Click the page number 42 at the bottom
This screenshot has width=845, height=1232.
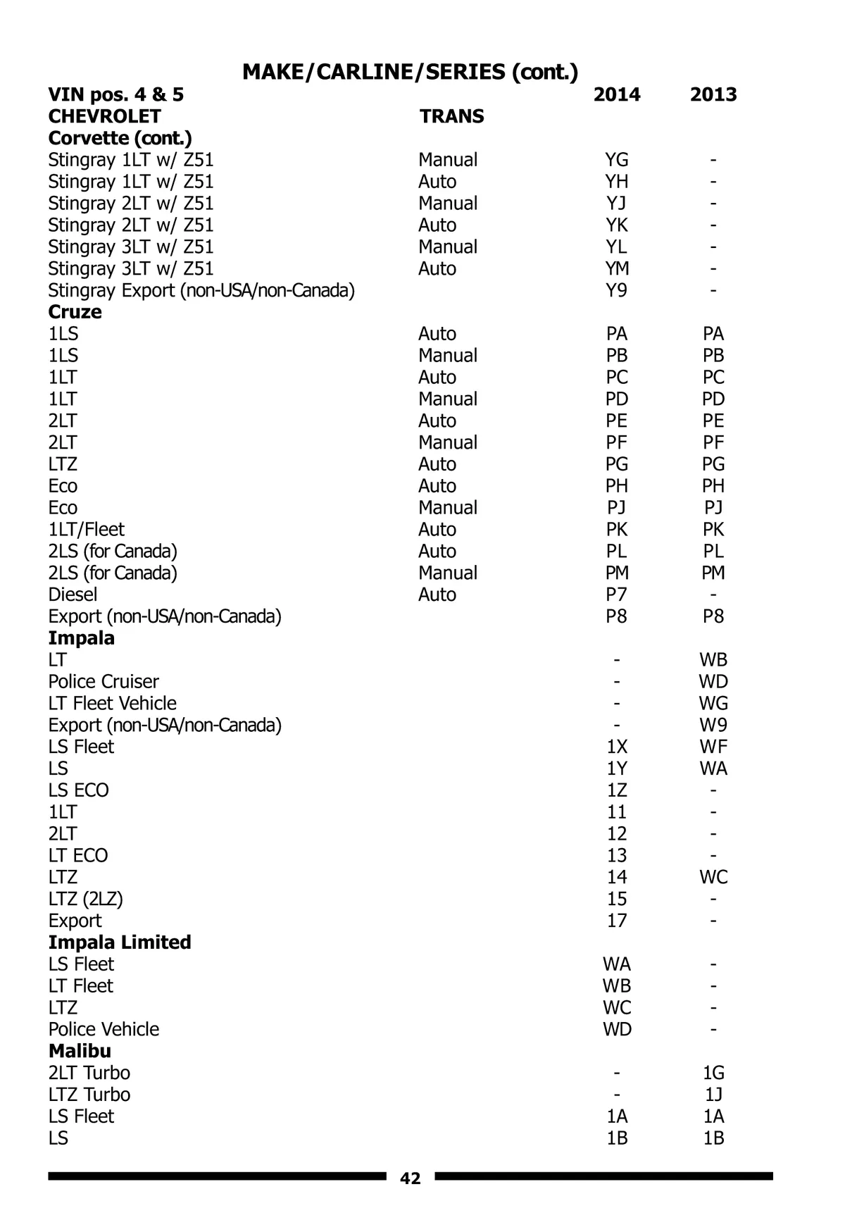click(410, 1178)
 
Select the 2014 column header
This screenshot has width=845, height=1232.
click(617, 94)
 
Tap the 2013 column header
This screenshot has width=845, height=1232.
click(713, 94)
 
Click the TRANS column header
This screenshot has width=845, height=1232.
click(452, 116)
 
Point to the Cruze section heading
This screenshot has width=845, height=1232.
click(75, 312)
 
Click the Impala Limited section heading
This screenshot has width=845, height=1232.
click(120, 942)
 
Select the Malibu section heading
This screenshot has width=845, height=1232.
click(80, 1051)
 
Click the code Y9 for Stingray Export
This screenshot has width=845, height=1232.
click(617, 290)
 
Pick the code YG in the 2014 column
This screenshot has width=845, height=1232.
click(617, 160)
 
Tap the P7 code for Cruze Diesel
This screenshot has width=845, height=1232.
click(617, 595)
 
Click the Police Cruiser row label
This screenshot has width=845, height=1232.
click(104, 682)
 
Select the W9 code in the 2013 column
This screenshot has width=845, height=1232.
click(713, 725)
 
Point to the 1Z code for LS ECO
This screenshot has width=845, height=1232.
click(617, 790)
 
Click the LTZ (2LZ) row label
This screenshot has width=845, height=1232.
click(85, 899)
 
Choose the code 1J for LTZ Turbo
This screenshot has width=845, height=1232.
click(713, 1095)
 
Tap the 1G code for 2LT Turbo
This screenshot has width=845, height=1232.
click(713, 1073)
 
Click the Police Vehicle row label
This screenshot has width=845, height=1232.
click(104, 1029)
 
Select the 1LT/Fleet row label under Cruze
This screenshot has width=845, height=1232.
click(86, 530)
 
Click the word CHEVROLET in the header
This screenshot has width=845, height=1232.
click(104, 116)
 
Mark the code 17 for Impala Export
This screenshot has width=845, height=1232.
click(617, 921)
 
